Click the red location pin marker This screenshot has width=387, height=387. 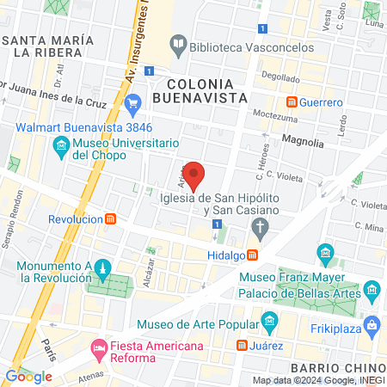pyautogui.click(x=194, y=175)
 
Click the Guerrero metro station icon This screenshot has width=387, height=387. pyautogui.click(x=292, y=101)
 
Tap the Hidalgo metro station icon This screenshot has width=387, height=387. pyautogui.click(x=252, y=255)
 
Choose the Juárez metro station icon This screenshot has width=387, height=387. pyautogui.click(x=243, y=346)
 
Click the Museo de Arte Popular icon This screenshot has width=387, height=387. pyautogui.click(x=269, y=323)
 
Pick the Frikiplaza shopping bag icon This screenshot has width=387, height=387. pyautogui.click(x=371, y=324)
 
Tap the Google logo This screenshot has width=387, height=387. pyautogui.click(x=28, y=376)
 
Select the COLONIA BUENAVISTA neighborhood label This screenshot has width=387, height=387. pyautogui.click(x=200, y=90)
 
